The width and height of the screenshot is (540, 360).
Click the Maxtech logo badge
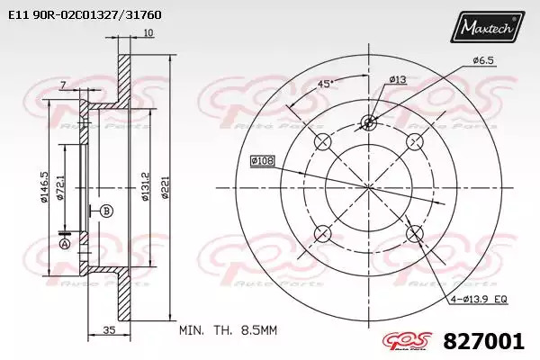(487, 26)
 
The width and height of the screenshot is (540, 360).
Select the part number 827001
(483, 341)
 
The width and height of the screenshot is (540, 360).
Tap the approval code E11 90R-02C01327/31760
(85, 14)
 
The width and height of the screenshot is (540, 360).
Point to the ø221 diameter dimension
(166, 188)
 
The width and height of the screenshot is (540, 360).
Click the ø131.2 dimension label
(145, 186)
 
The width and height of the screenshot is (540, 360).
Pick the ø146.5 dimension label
(44, 187)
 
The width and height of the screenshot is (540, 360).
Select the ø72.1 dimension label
(60, 187)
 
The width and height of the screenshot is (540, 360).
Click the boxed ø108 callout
(263, 160)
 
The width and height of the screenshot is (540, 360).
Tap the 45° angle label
(325, 84)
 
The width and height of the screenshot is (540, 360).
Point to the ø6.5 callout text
(483, 60)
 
